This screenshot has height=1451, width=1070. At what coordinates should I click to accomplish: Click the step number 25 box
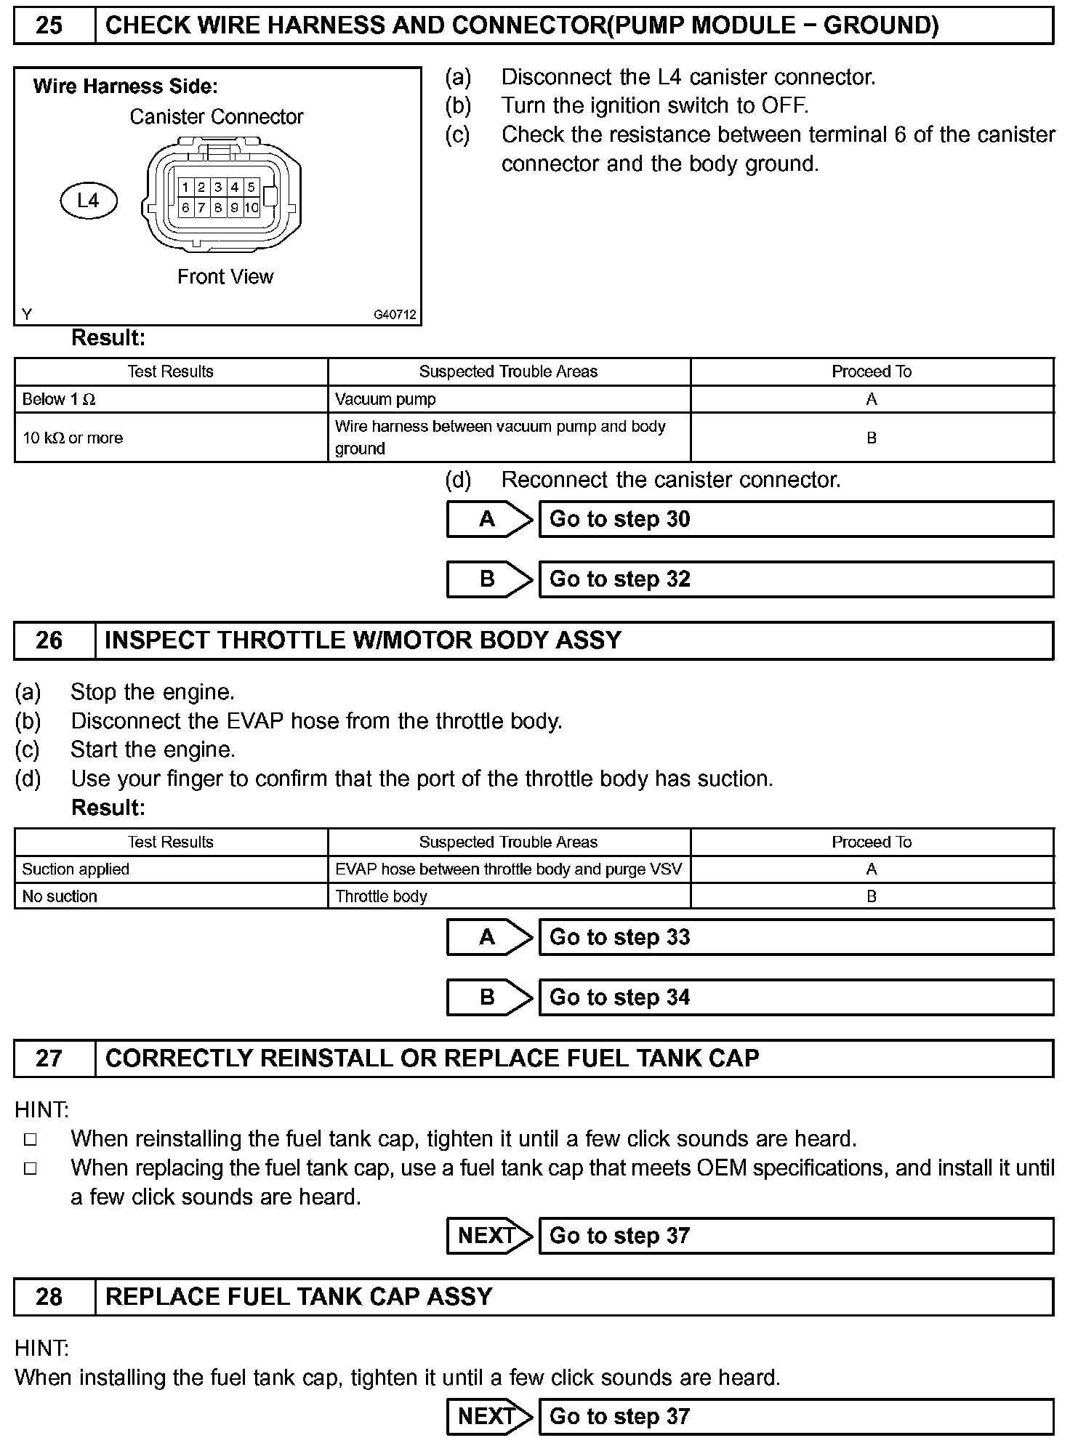(49, 26)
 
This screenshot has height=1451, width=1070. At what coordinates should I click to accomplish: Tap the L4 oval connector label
(88, 201)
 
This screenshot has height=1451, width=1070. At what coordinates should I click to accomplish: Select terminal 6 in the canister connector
(186, 208)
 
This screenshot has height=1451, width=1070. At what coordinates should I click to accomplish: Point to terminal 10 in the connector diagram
(252, 208)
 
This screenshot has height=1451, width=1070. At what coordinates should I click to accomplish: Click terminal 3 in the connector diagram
(218, 188)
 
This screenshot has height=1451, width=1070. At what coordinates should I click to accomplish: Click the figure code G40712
(395, 315)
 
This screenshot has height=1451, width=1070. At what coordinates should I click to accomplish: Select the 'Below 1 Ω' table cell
(171, 399)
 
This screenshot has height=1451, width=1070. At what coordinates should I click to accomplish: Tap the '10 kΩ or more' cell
(171, 438)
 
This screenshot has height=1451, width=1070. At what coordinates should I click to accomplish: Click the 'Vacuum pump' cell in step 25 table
(509, 399)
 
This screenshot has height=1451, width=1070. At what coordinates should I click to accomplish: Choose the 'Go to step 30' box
(796, 519)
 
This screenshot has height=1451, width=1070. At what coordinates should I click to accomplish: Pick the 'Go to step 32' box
(796, 579)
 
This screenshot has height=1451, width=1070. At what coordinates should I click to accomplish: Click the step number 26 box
(49, 640)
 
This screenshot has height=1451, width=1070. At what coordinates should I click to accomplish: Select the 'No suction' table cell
(171, 896)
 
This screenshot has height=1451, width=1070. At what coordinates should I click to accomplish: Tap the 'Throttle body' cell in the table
(509, 896)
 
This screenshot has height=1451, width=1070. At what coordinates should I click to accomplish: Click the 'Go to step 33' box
(796, 937)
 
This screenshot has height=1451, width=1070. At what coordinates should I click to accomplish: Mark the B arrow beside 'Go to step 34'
(488, 997)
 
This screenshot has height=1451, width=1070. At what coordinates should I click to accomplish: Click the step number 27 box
(49, 1058)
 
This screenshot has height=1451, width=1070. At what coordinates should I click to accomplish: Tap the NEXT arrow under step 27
(488, 1236)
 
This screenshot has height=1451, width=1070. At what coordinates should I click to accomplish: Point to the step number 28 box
(49, 1297)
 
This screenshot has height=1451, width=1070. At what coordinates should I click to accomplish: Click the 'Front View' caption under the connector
(225, 277)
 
